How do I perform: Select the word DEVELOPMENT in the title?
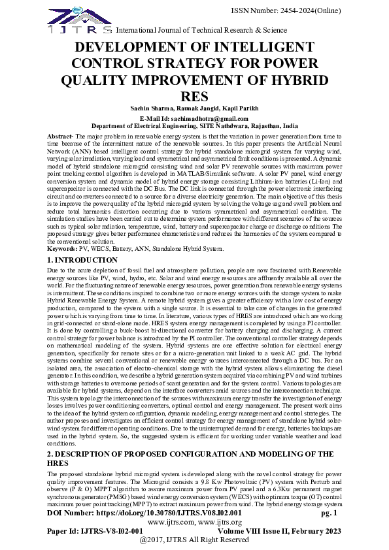point(137,48)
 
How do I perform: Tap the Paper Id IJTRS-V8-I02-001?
point(95,531)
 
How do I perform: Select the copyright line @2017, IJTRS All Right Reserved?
point(195,540)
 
